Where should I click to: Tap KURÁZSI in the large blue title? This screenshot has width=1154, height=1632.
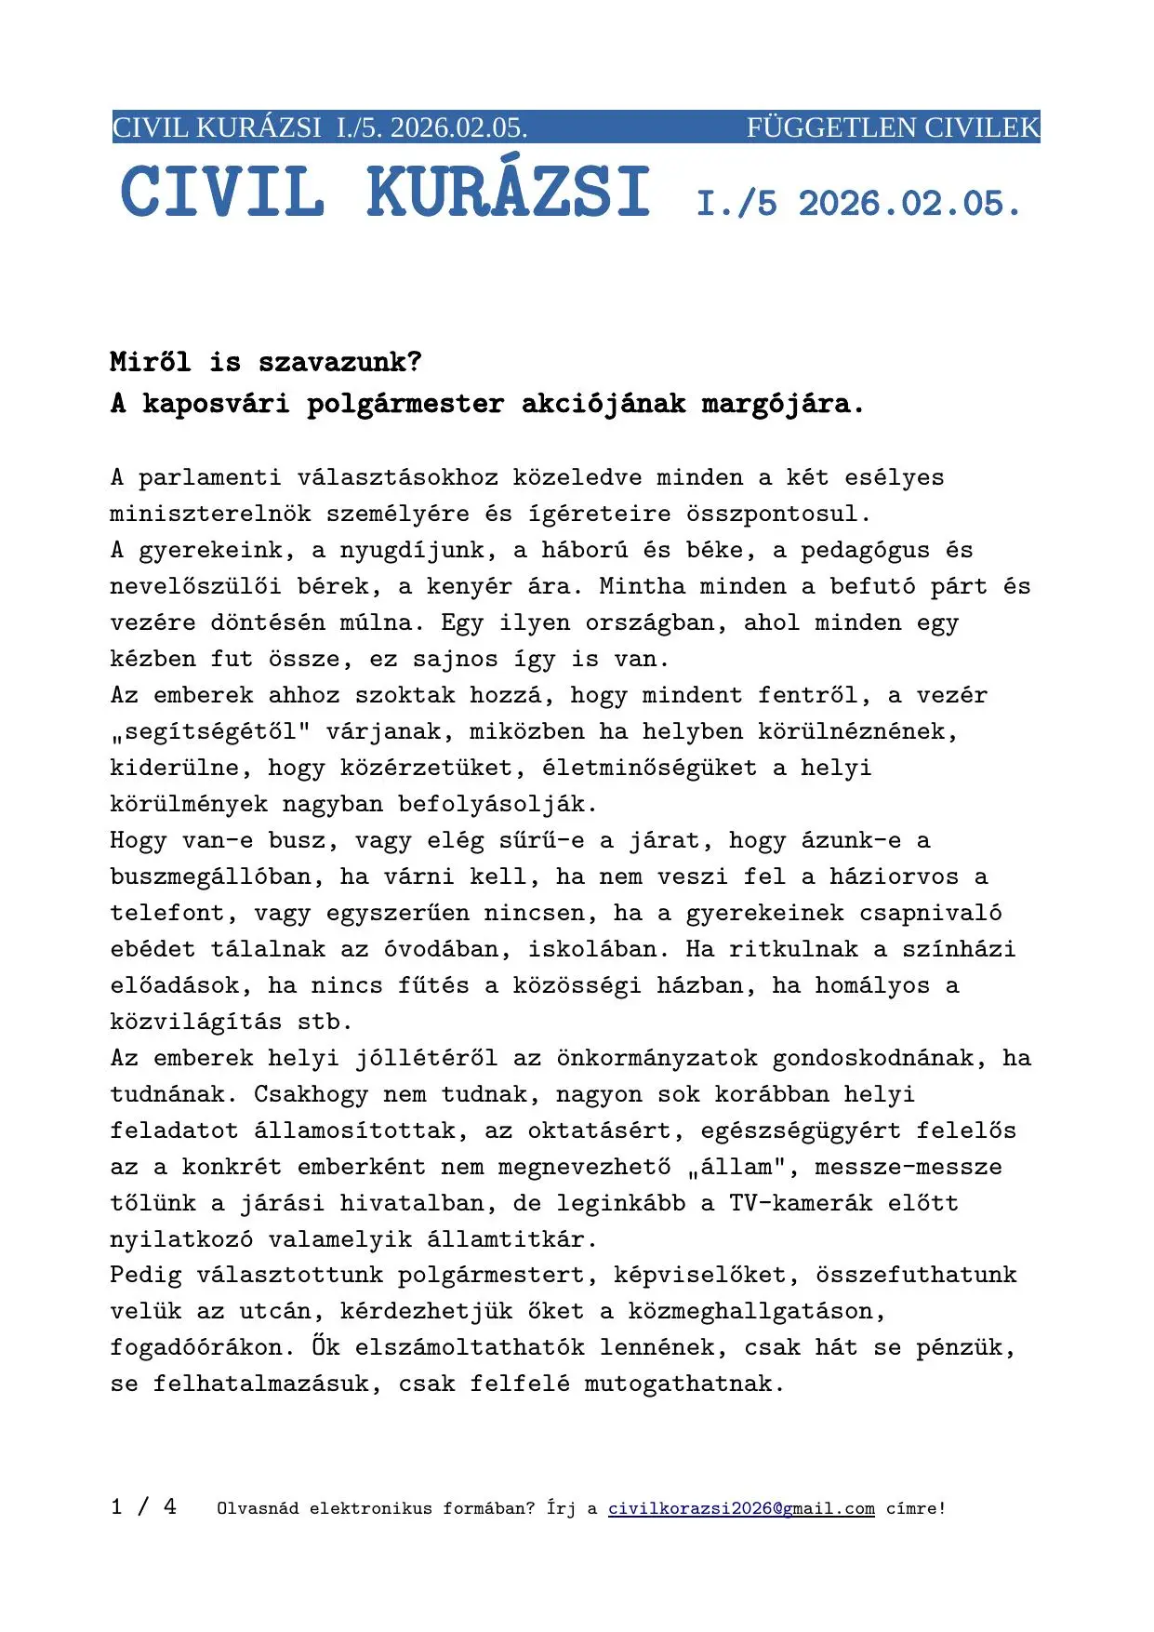click(x=508, y=194)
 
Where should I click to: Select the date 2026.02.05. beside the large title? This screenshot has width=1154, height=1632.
click(x=909, y=204)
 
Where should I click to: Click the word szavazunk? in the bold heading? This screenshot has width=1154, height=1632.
click(x=339, y=362)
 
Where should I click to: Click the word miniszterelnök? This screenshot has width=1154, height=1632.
click(x=210, y=514)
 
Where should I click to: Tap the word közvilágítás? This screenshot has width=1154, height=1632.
click(x=195, y=1022)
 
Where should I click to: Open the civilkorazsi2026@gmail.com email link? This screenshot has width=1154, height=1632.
click(x=741, y=1508)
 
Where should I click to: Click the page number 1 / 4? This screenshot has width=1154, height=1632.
click(x=143, y=1506)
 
